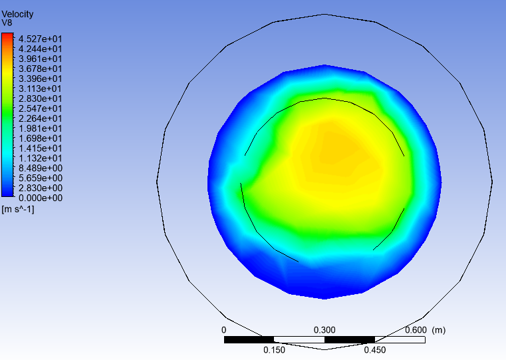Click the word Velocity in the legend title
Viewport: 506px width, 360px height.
[x=17, y=14]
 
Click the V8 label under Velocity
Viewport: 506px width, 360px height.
[x=7, y=23]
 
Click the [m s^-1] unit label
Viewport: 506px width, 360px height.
[x=18, y=210]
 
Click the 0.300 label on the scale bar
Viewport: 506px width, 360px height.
[x=324, y=330]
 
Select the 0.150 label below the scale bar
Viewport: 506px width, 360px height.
[x=275, y=350]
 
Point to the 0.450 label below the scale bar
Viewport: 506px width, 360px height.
[x=375, y=350]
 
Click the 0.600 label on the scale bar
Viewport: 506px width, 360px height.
[x=416, y=330]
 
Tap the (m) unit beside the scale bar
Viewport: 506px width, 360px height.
[x=438, y=330]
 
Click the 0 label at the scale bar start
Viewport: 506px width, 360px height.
[x=224, y=330]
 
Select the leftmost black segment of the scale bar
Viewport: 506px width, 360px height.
[x=249, y=339]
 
